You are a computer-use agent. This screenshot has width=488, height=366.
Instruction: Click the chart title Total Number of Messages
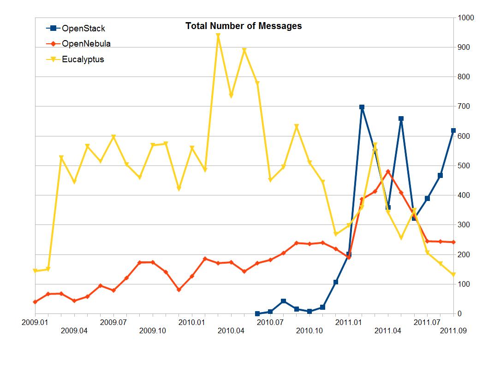(244, 26)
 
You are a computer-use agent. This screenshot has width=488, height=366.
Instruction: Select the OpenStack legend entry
(77, 29)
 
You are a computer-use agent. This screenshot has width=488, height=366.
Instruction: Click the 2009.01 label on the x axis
(35, 322)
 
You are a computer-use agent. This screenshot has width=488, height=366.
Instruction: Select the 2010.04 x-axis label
(231, 331)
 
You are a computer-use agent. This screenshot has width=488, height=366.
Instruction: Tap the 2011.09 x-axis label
(453, 331)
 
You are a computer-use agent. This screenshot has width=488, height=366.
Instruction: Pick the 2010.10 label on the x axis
(309, 331)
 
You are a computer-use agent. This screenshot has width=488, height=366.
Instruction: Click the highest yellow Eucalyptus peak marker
(218, 35)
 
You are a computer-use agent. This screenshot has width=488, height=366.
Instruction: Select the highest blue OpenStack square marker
(362, 107)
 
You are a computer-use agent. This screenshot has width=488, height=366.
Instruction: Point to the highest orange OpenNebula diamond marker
(388, 171)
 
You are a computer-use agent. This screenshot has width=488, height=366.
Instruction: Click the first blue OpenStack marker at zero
(257, 313)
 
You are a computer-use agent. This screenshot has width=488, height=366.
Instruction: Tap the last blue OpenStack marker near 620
(453, 130)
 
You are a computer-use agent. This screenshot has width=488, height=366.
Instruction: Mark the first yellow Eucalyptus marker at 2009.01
(35, 271)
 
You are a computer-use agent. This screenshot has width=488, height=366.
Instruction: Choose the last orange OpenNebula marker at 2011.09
(453, 242)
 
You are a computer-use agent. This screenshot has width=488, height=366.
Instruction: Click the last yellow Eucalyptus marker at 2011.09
(453, 275)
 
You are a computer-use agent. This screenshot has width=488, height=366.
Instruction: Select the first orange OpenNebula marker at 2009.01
(35, 301)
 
